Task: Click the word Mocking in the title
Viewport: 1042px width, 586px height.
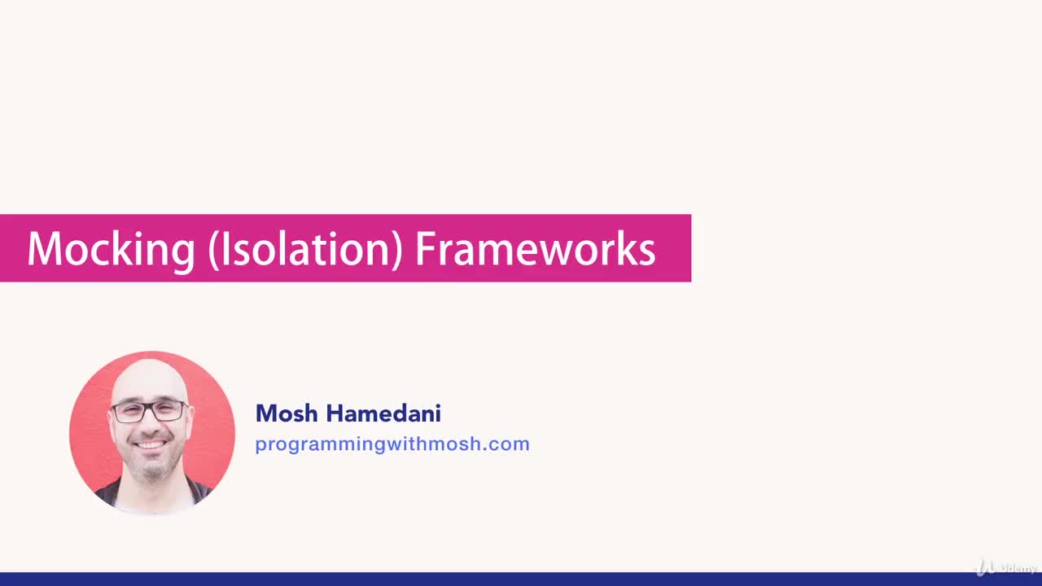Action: coord(111,249)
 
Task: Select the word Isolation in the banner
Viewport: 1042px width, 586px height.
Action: coord(306,249)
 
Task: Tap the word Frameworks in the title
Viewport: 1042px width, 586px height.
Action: coord(535,249)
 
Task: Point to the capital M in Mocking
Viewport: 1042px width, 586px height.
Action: coord(45,249)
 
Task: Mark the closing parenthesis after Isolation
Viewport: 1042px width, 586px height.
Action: coord(397,250)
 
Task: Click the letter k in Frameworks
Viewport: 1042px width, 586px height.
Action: coord(628,249)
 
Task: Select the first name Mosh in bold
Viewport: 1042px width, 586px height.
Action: coord(287,413)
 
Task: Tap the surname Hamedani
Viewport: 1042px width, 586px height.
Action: coord(383,413)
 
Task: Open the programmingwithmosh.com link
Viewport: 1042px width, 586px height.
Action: coord(392,444)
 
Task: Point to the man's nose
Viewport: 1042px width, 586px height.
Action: coord(151,425)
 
